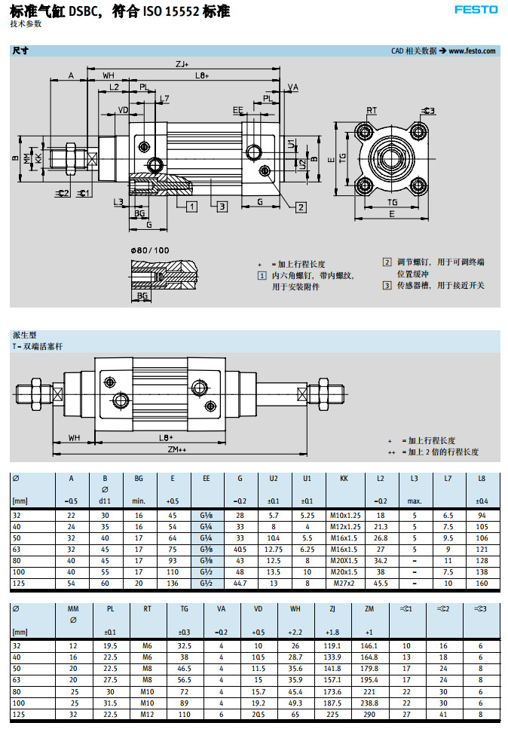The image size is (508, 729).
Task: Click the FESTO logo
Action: [476, 10]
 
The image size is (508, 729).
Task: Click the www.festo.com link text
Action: [473, 51]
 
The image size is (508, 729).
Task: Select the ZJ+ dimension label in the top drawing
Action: [181, 64]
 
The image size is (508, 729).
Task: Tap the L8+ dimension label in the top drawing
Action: [201, 75]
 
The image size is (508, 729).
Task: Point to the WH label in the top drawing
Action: [109, 75]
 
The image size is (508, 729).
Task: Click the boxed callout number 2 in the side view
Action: [301, 207]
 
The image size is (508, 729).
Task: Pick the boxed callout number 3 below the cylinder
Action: [222, 206]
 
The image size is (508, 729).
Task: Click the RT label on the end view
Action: [372, 111]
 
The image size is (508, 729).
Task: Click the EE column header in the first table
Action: [207, 478]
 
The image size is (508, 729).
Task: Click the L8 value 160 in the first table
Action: [481, 583]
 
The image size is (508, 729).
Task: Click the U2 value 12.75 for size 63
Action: [274, 550]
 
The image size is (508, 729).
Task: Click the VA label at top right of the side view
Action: [293, 87]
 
